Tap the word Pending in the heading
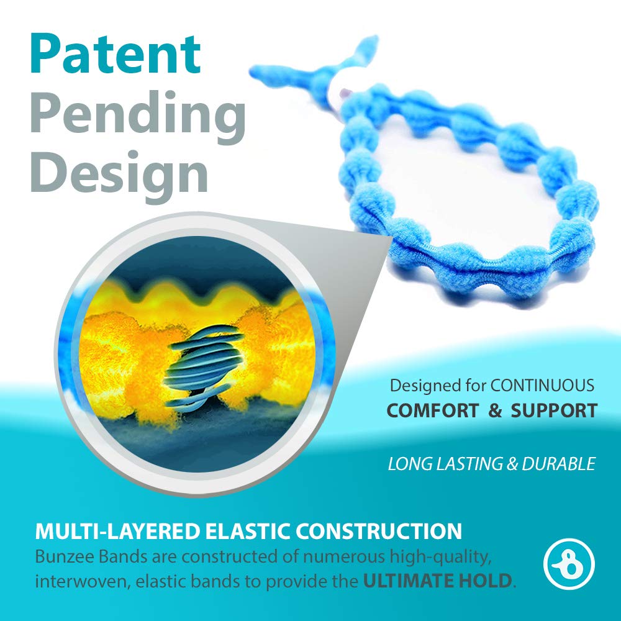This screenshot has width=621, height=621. pos(137,114)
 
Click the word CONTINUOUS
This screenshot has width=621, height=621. pos(542,385)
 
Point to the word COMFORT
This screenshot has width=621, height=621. pos(433,410)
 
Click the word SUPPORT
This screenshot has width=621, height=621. pos(553,410)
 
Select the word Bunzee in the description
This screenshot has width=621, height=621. pos(61,558)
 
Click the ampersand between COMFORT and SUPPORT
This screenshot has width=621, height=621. pos(494,410)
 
